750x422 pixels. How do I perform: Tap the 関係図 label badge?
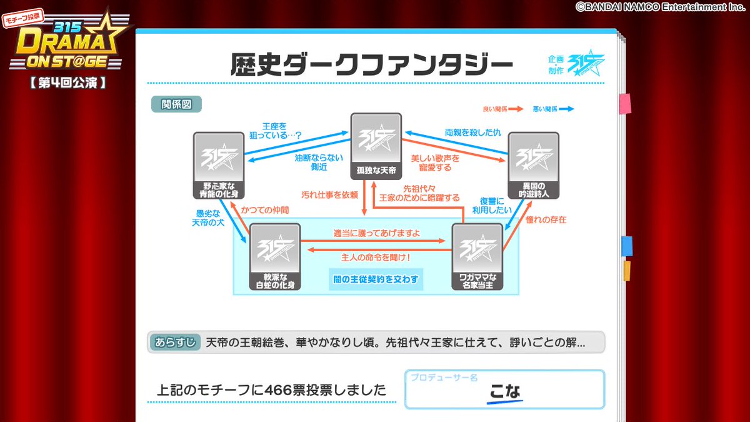pyautogui.click(x=176, y=104)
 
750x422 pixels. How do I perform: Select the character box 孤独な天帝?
pyautogui.click(x=376, y=144)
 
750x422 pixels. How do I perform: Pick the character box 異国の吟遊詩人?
pyautogui.click(x=533, y=164)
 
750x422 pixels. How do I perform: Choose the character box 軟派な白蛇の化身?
pyautogui.click(x=275, y=256)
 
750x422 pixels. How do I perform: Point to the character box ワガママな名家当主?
pyautogui.click(x=477, y=256)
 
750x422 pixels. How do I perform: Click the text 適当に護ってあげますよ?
pyautogui.click(x=376, y=234)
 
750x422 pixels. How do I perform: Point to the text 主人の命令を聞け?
pyautogui.click(x=376, y=256)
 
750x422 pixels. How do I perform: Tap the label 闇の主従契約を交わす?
pyautogui.click(x=375, y=279)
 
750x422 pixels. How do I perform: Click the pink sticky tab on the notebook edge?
pyautogui.click(x=625, y=103)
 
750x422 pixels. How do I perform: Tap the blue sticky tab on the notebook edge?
pyautogui.click(x=626, y=246)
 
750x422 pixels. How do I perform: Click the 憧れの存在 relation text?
pyautogui.click(x=546, y=219)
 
